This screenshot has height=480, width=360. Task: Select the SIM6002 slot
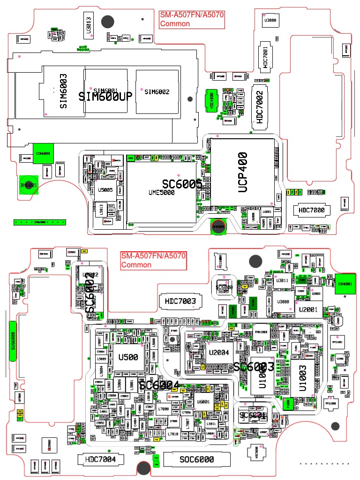(x=157, y=91)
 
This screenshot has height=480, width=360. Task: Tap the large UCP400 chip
(x=241, y=172)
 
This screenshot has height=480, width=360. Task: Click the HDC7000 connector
(x=311, y=210)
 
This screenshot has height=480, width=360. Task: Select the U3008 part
(x=270, y=20)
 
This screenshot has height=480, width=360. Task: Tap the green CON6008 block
(x=43, y=153)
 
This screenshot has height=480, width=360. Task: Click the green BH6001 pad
(x=29, y=185)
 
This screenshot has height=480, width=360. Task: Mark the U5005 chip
(x=105, y=190)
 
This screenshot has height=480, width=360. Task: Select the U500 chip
(x=128, y=357)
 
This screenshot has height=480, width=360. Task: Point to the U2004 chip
(x=219, y=352)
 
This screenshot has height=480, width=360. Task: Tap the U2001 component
(x=307, y=309)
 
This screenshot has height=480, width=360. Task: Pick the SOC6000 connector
(x=197, y=459)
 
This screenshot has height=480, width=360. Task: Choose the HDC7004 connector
(x=100, y=459)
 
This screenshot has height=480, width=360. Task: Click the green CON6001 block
(x=345, y=284)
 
